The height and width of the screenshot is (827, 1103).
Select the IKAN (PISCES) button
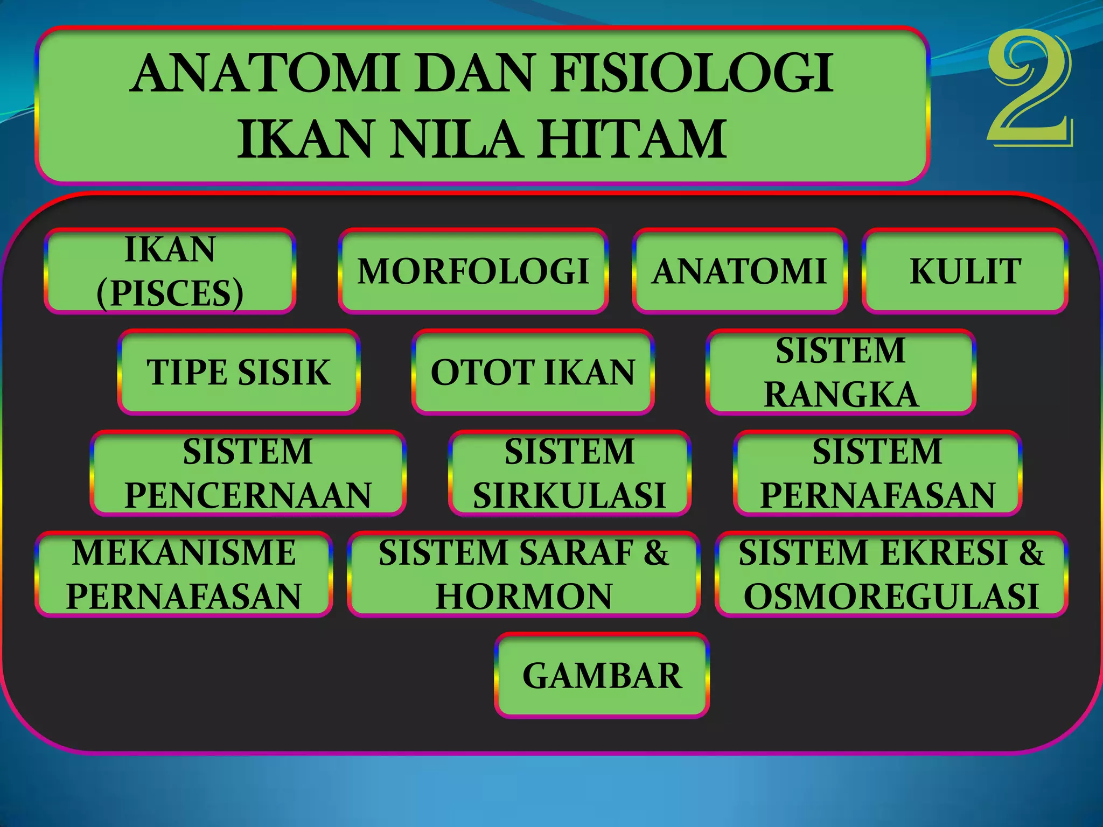[170, 271]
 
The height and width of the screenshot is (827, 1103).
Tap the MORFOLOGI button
[473, 271]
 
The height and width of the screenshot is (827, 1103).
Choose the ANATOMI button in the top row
[739, 271]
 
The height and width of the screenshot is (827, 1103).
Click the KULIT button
[965, 271]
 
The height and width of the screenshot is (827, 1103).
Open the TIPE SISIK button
[239, 372]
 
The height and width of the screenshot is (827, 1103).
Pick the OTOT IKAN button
[533, 372]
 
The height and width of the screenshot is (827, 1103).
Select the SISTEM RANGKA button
[841, 372]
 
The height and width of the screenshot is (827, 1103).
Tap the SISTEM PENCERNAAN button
[248, 473]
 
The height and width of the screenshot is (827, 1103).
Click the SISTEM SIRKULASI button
[569, 473]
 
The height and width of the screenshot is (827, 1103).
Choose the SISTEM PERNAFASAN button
[877, 473]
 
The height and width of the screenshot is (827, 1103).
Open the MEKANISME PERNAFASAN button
[184, 574]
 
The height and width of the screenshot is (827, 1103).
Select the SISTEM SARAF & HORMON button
[523, 574]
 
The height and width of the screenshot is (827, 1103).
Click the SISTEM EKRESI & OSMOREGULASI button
[891, 574]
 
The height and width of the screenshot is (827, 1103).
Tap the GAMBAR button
[602, 675]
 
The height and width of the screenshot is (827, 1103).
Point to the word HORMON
[523, 597]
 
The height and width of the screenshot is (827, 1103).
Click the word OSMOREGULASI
[891, 597]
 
